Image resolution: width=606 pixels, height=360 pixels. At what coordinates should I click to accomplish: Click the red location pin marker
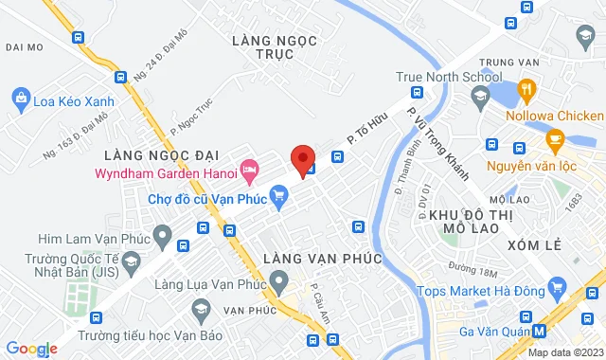click(302, 160)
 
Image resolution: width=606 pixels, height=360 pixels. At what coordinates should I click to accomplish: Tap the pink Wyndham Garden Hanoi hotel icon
click(250, 172)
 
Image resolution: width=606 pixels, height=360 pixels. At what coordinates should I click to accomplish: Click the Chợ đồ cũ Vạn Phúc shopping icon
click(278, 198)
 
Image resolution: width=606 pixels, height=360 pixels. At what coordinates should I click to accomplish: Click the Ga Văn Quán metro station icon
click(539, 331)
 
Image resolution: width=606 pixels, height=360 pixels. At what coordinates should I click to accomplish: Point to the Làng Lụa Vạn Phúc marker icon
click(278, 280)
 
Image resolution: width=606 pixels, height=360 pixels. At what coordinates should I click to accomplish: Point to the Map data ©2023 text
click(564, 352)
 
